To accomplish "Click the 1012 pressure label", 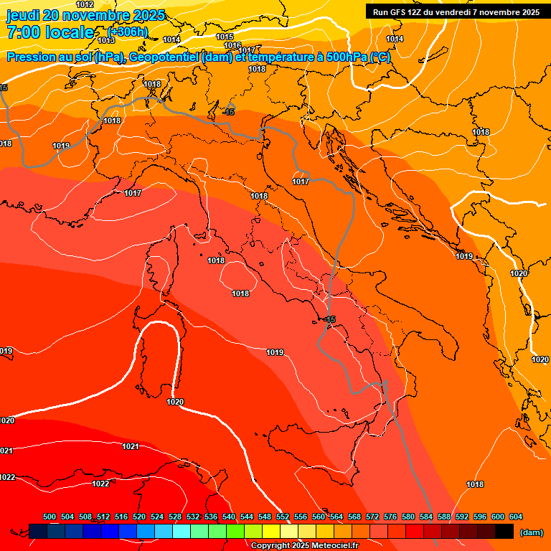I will [85, 4].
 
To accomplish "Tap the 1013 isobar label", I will [106, 40].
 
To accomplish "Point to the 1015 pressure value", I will [225, 37].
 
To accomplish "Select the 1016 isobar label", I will [232, 45].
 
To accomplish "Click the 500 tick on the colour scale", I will [50, 517].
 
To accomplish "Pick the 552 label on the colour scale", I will [283, 517].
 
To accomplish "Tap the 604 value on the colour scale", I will [515, 517].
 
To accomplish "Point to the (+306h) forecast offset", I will [128, 32].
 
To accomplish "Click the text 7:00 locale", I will [50, 32].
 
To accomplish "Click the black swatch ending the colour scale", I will [504, 531].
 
